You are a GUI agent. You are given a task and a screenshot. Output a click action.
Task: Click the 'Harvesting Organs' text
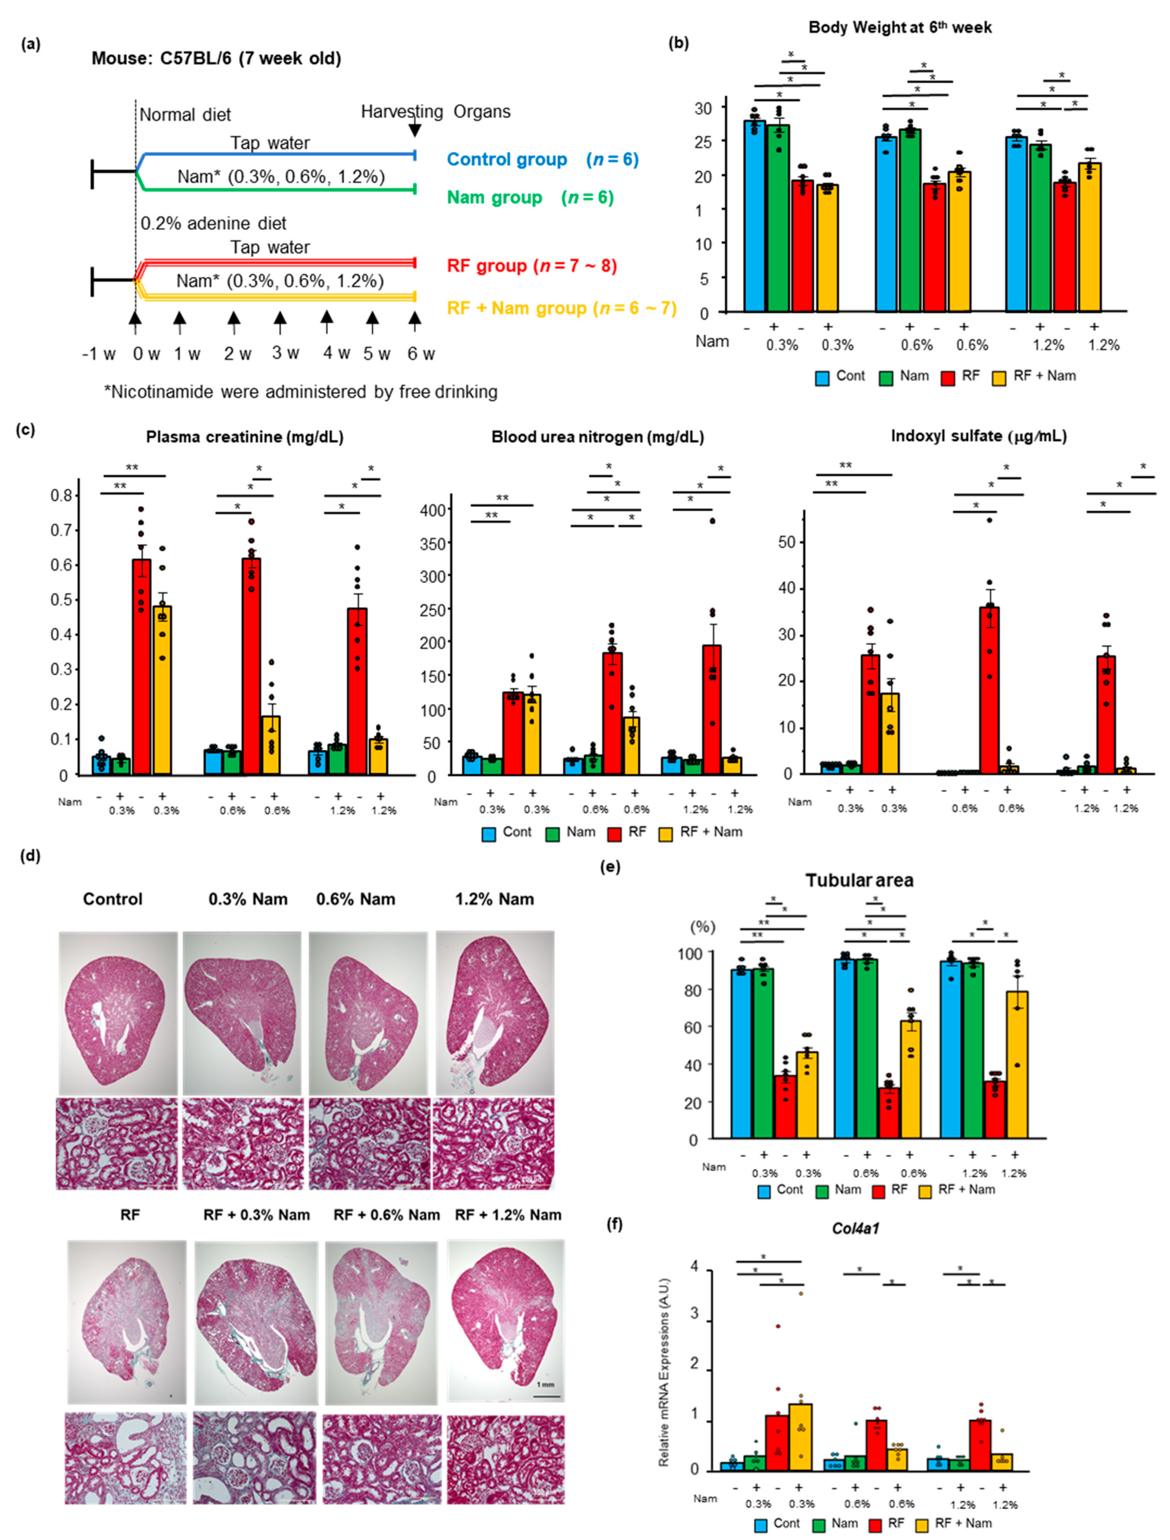tap(435, 111)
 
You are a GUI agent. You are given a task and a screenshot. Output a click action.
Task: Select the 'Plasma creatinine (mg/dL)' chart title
tap(245, 437)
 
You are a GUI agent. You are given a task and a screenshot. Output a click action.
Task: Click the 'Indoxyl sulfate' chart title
tap(978, 436)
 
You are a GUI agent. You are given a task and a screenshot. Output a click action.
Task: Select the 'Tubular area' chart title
tap(859, 880)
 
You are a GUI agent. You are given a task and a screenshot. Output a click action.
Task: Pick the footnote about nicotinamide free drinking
tap(301, 392)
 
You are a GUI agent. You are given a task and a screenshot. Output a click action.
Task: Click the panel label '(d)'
tap(31, 856)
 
